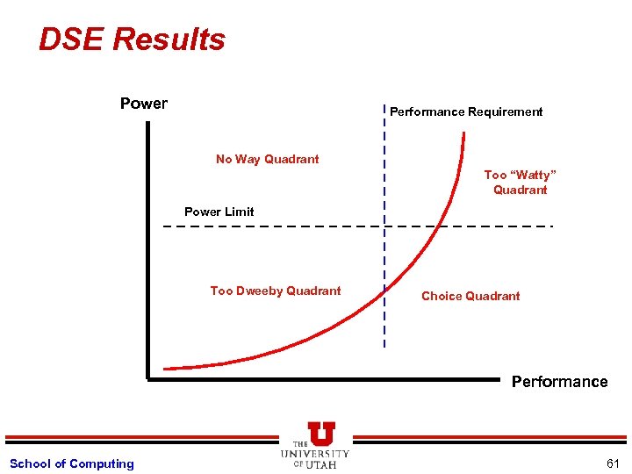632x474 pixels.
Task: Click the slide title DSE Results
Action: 132,39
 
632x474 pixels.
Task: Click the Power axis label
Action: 144,104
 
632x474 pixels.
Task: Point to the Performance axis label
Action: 559,382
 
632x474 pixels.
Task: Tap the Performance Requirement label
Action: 466,111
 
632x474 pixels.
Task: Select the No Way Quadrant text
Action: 268,159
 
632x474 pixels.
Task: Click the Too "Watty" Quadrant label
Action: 520,183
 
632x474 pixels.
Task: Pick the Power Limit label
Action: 219,212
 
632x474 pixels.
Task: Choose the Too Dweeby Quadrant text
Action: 276,291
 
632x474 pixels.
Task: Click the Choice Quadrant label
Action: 470,296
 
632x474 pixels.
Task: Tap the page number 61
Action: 612,463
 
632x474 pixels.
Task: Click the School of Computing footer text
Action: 72,463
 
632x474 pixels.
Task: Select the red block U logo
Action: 321,433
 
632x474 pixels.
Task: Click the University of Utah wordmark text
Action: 315,458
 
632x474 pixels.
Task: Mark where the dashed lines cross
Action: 384,226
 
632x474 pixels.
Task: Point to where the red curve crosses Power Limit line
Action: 436,226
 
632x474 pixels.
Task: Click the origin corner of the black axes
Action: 149,379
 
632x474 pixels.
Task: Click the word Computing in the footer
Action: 102,463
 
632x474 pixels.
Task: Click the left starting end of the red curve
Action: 166,368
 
